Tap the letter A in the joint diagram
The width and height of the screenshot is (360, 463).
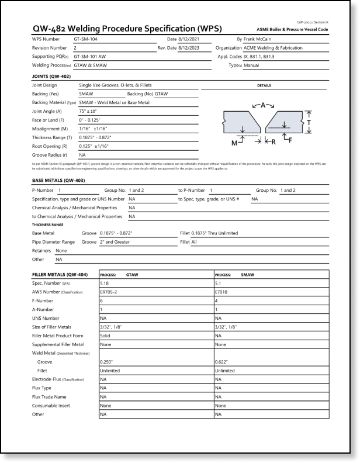263,105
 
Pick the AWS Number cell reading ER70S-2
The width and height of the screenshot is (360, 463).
110,292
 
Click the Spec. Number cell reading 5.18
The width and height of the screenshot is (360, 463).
105,283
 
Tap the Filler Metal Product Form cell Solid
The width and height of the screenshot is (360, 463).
106,336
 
